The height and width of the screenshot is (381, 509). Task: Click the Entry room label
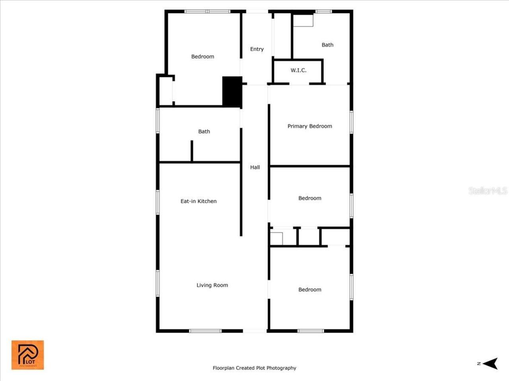click(x=257, y=49)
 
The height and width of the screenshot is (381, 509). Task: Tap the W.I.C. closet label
click(x=298, y=70)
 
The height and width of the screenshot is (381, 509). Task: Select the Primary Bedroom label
click(x=310, y=126)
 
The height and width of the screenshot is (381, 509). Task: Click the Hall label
click(x=255, y=167)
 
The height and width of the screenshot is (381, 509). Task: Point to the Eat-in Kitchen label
click(x=198, y=201)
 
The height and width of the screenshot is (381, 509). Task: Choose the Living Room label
click(x=212, y=285)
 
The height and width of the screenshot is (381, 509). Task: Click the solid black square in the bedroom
click(x=232, y=92)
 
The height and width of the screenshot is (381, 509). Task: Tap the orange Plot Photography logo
click(x=27, y=355)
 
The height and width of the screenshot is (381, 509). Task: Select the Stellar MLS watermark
click(x=488, y=191)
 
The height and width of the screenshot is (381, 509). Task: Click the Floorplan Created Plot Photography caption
click(x=254, y=368)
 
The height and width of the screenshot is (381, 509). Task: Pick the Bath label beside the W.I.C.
click(x=327, y=45)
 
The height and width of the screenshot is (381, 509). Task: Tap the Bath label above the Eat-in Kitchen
click(x=204, y=131)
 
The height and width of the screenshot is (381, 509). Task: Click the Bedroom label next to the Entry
click(x=202, y=57)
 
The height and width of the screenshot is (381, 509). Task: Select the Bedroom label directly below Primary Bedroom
click(x=310, y=198)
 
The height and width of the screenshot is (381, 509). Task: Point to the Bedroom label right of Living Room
click(x=310, y=290)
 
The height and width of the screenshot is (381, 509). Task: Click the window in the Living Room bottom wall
click(x=205, y=331)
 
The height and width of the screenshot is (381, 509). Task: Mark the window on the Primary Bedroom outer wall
click(x=352, y=122)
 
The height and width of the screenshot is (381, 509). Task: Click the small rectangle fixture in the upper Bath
click(x=303, y=21)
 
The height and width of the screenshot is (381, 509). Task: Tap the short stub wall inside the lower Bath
click(x=192, y=151)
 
